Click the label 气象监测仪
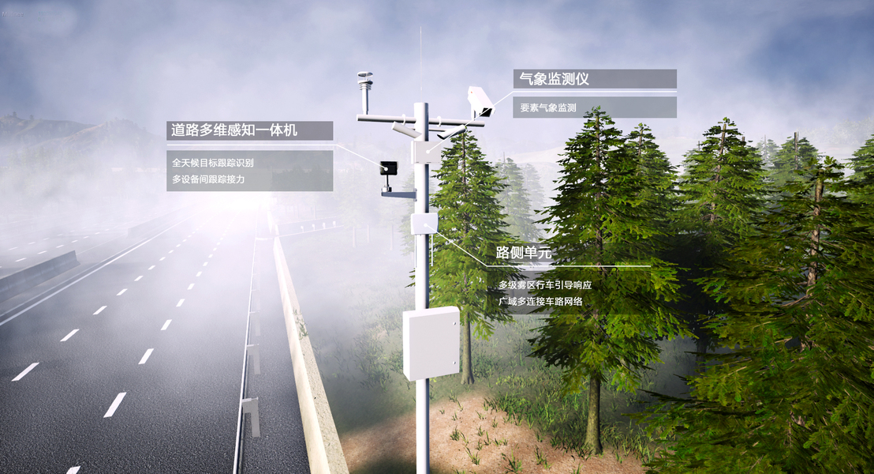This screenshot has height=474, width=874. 555,79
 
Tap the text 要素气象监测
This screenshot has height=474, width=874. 547,107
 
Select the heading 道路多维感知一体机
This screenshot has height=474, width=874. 234,130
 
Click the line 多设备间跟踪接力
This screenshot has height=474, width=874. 208,179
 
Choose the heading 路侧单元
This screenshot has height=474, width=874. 523,253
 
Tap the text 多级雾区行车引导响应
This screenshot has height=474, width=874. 544,284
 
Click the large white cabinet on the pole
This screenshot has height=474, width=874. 431,342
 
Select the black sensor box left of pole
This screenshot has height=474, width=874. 388,167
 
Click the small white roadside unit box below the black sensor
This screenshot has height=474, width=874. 424,223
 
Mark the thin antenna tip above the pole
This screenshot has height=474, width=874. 420,32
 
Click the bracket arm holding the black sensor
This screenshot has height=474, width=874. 398,193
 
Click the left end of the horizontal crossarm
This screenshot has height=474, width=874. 360,118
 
